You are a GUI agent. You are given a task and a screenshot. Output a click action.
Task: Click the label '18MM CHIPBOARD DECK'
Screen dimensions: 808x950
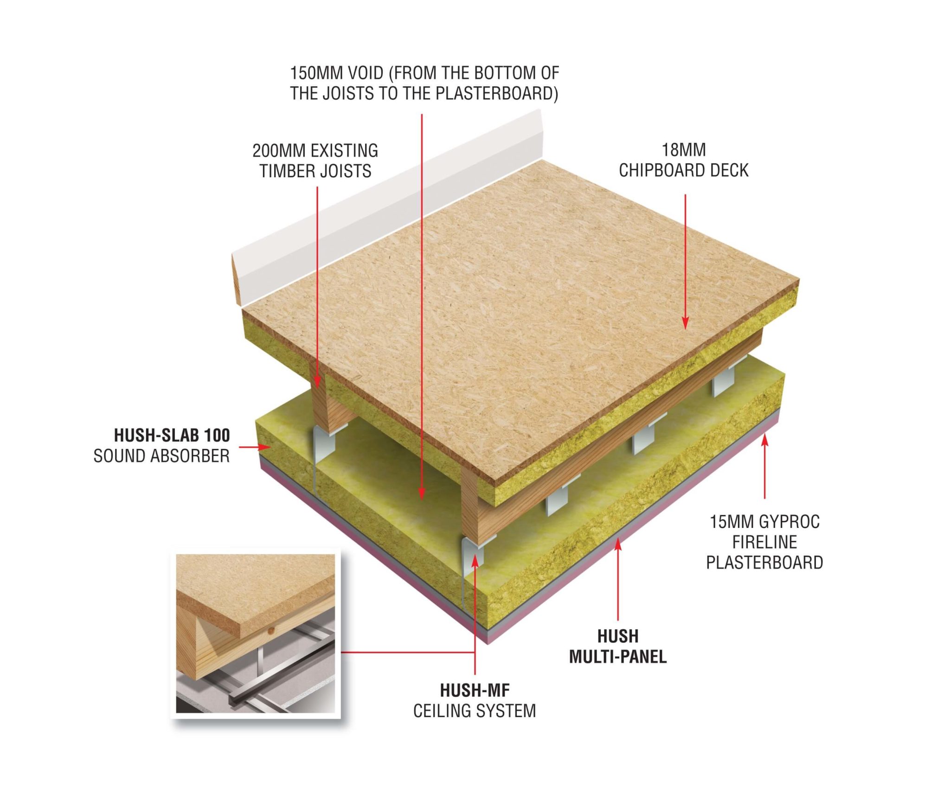coord(684,160)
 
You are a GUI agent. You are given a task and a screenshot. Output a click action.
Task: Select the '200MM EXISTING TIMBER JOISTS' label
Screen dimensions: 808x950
coord(315,161)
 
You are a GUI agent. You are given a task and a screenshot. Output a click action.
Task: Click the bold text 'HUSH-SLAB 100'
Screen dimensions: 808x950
coord(172,435)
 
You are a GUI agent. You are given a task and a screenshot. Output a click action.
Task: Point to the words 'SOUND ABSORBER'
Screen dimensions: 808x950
coord(161,456)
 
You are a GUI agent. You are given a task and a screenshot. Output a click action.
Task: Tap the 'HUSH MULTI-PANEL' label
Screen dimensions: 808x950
coord(618,646)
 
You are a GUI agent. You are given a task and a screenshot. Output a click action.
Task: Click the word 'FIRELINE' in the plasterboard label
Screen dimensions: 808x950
coord(764,542)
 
